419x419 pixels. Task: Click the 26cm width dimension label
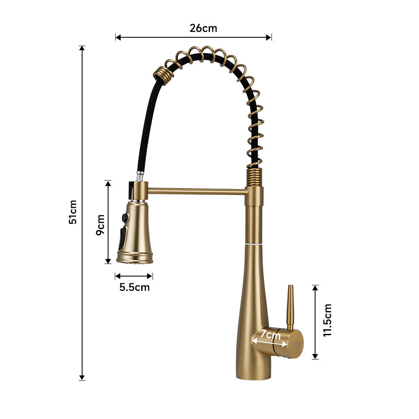[x=203, y=28]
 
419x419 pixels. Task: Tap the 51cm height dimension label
[x=73, y=212]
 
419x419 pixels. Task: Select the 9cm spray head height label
[x=100, y=225]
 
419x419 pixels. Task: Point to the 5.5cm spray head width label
[x=134, y=287]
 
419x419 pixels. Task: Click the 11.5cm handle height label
[x=327, y=320]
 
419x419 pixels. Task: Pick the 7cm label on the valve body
[x=270, y=335]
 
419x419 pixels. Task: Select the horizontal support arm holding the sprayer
[x=197, y=191]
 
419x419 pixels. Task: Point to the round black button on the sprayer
[x=124, y=217]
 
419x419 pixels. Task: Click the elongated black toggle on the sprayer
[x=122, y=239]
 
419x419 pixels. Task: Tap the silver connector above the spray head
[x=140, y=176]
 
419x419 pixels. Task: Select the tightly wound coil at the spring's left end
[x=161, y=76]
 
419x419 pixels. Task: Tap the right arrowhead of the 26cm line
[x=269, y=37]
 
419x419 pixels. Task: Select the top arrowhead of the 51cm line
[x=82, y=49]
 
